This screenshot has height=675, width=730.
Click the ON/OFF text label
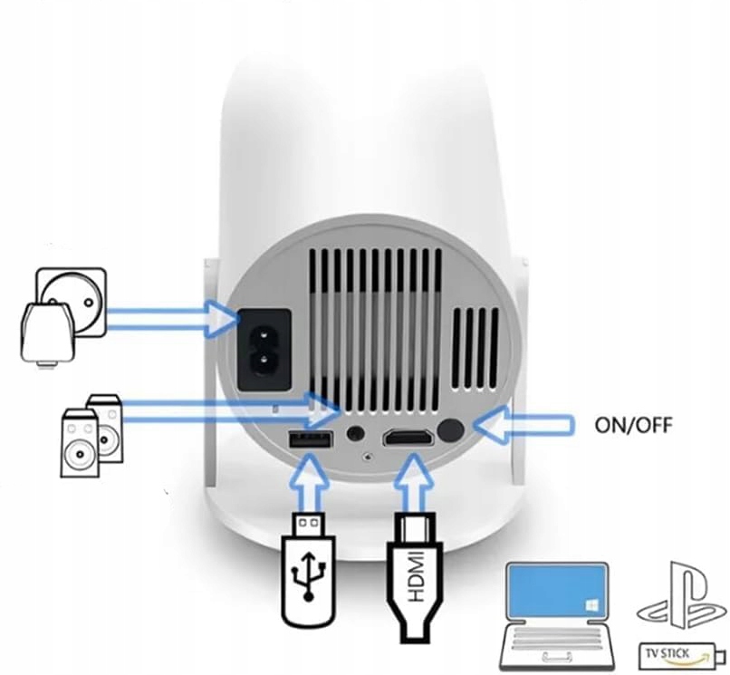click(x=633, y=424)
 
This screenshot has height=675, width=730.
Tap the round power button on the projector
click(x=450, y=431)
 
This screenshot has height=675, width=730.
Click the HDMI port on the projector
click(x=407, y=439)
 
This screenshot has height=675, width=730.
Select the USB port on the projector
click(x=309, y=440)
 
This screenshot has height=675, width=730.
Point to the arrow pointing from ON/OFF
click(x=524, y=424)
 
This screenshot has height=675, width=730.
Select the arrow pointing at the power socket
click(x=172, y=319)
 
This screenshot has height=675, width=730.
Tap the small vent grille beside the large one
click(x=475, y=347)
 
